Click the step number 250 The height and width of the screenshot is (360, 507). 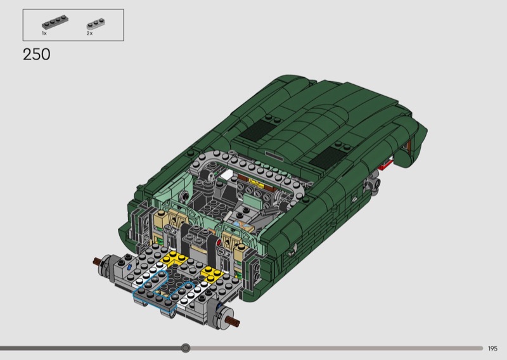pyautogui.click(x=37, y=55)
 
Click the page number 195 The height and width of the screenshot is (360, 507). pyautogui.click(x=492, y=349)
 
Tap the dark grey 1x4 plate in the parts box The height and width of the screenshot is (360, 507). pyautogui.click(x=55, y=22)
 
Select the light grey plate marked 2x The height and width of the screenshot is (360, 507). pyautogui.click(x=96, y=24)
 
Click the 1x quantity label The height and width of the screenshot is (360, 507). pyautogui.click(x=44, y=34)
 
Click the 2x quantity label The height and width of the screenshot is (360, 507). pyautogui.click(x=89, y=34)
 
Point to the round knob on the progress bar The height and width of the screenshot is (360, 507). pyautogui.click(x=185, y=348)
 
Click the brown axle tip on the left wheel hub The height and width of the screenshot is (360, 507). pyautogui.click(x=97, y=260)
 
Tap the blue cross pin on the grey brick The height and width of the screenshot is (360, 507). pyautogui.click(x=129, y=267)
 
